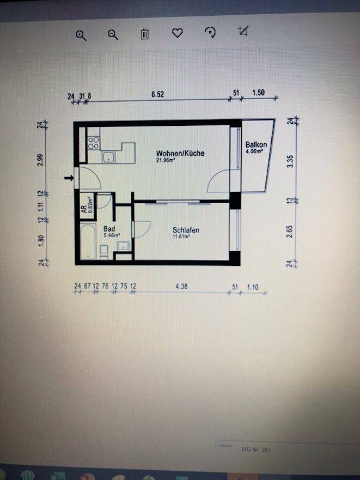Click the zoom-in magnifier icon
pos(81,35)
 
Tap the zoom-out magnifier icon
pos(113,35)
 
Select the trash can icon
pos(145,34)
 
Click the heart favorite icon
pos(177,33)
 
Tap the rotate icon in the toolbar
pos(210,33)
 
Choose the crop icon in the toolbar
pos(243,31)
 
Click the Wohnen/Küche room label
pos(180,153)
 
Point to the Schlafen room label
pos(186,230)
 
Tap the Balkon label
pos(256,144)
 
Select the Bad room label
pos(109,229)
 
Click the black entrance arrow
pos(69,178)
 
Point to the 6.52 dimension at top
pos(157,94)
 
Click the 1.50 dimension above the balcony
pos(258,93)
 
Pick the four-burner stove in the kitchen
pos(93,142)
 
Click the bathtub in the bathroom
pos(87,242)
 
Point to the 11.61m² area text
pos(181,237)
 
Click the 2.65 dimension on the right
pos(290,231)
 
